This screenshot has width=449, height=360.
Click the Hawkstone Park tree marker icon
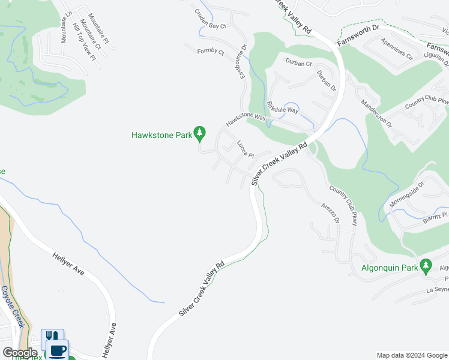[200, 133]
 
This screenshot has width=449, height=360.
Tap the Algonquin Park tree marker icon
[426, 265]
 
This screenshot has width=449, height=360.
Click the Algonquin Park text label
[388, 268]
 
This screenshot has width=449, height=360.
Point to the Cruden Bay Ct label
[210, 19]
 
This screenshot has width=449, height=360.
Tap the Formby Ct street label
[210, 52]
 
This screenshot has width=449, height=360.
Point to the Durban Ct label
[298, 63]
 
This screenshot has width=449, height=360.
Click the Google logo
[20, 353]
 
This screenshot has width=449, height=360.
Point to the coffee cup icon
[58, 350]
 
